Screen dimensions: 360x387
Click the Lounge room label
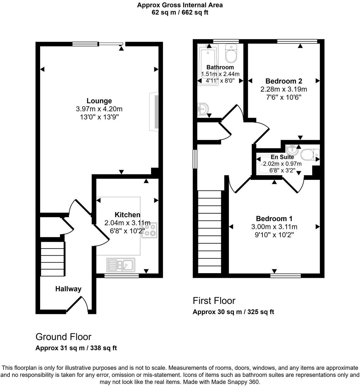(99, 101)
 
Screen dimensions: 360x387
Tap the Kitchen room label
(127, 215)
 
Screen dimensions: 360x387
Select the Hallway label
(68, 289)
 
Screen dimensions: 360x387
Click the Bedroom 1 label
(274, 218)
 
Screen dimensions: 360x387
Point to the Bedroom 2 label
(283, 81)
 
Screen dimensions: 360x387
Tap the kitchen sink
(121, 265)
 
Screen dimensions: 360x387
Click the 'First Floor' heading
(214, 301)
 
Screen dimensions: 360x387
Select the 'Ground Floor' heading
(63, 337)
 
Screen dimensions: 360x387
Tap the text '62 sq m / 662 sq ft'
(180, 12)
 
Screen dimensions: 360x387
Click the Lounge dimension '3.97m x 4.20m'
(99, 109)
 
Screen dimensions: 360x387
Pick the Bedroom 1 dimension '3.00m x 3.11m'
(274, 227)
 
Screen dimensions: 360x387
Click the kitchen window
(121, 276)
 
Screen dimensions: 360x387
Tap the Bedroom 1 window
(286, 276)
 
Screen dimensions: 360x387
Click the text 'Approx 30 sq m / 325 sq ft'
(233, 312)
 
